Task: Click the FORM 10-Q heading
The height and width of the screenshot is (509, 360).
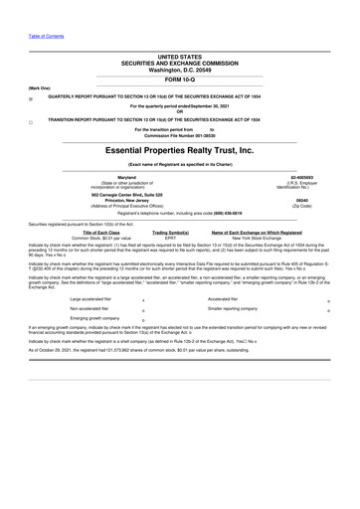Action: coord(180,80)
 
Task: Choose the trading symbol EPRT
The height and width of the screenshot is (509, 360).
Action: coord(170,239)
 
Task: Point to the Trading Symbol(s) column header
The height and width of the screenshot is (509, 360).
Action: coord(170,233)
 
